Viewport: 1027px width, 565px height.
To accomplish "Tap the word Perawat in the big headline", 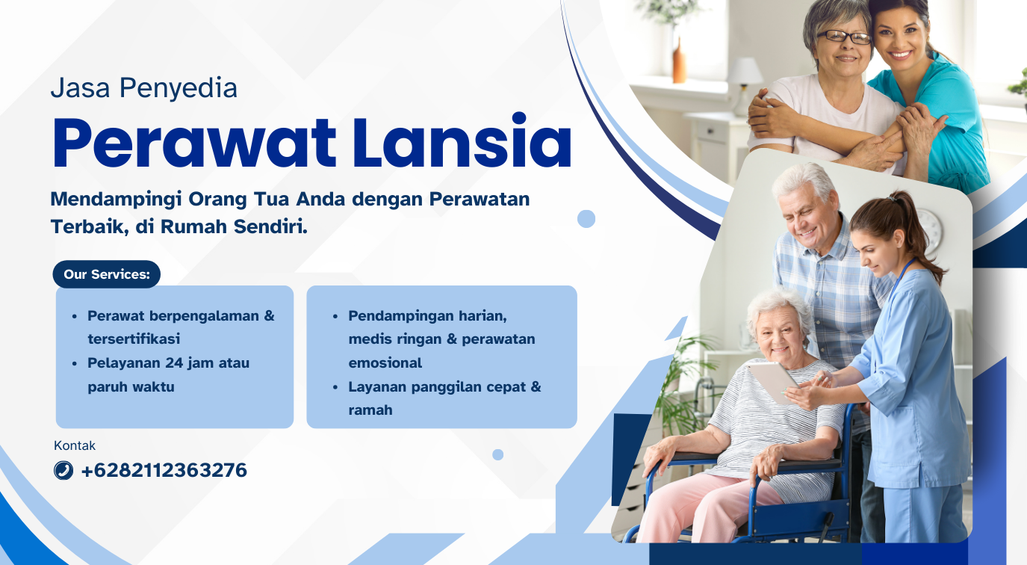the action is pos(194,143).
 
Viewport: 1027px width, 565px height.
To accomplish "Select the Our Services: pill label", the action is pos(106,274).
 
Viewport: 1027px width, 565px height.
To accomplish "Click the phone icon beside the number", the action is pos(63,471).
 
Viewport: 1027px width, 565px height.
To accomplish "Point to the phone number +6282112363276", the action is pos(164,471).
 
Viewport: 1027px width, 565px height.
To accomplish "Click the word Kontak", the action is pos(75,445).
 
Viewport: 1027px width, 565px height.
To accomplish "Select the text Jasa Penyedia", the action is pos(144,88).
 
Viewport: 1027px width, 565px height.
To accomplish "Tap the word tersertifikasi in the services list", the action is pos(134,339).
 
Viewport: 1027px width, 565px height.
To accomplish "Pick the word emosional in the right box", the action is pos(385,362).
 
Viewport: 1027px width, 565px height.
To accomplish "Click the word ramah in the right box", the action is pos(370,410).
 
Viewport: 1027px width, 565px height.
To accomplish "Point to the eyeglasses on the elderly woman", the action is pos(844,37).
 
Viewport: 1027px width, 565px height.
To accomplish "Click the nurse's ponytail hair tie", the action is pos(891,199).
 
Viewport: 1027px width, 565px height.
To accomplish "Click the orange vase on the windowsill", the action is pos(679,62).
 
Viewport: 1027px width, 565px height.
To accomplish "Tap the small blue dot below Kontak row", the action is pos(498,454).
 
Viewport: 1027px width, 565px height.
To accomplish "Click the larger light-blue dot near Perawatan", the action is pos(586,219).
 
